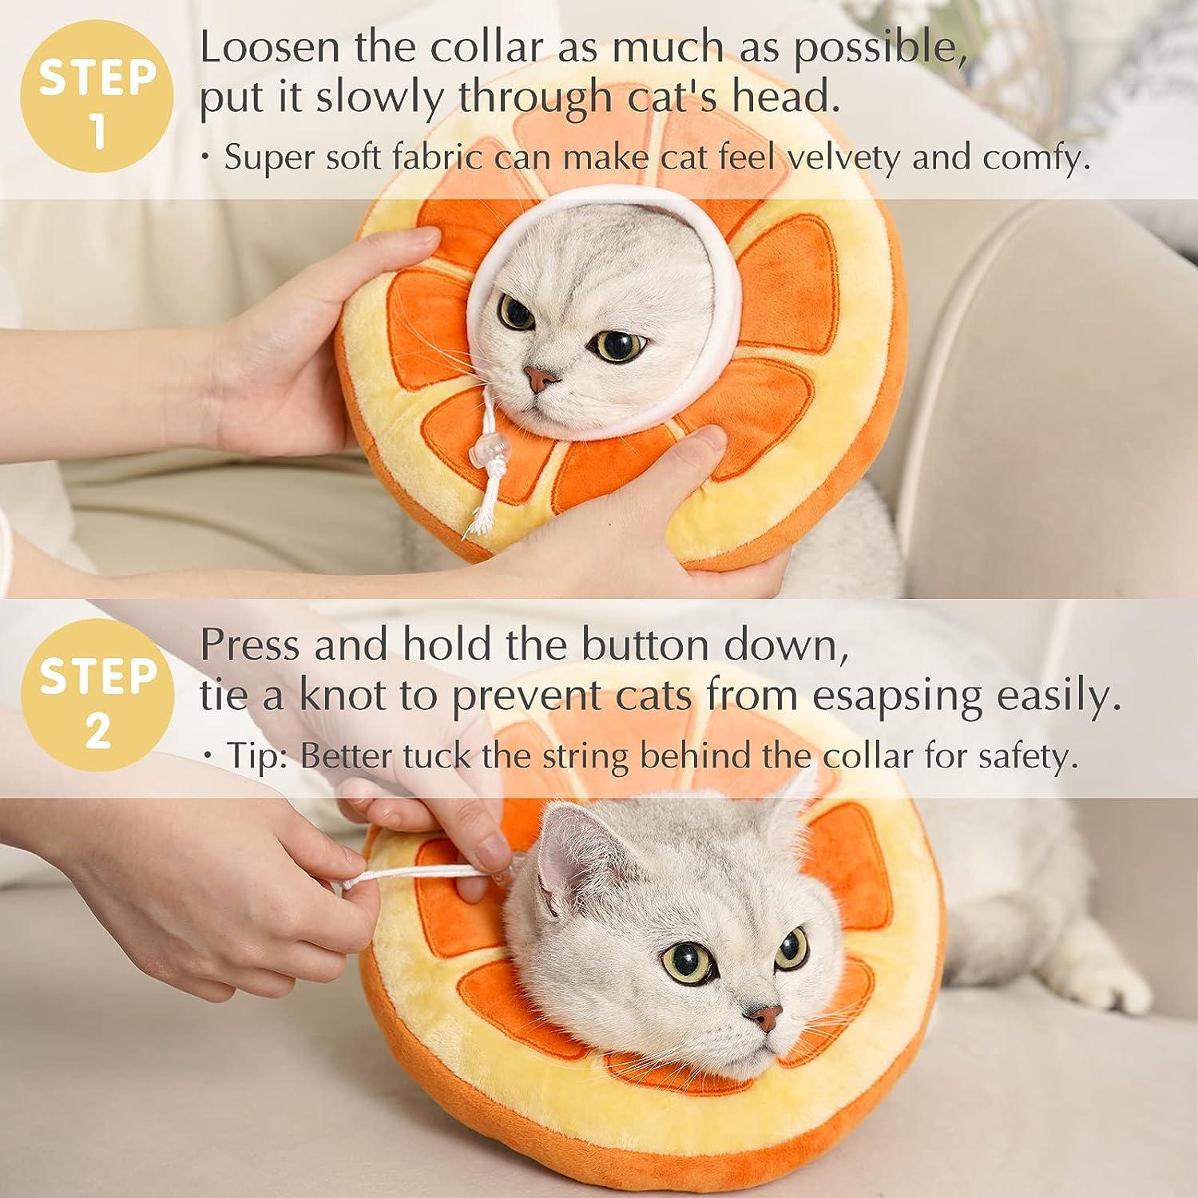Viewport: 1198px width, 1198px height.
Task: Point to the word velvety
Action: [843, 158]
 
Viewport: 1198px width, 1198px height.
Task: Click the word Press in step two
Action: [250, 645]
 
